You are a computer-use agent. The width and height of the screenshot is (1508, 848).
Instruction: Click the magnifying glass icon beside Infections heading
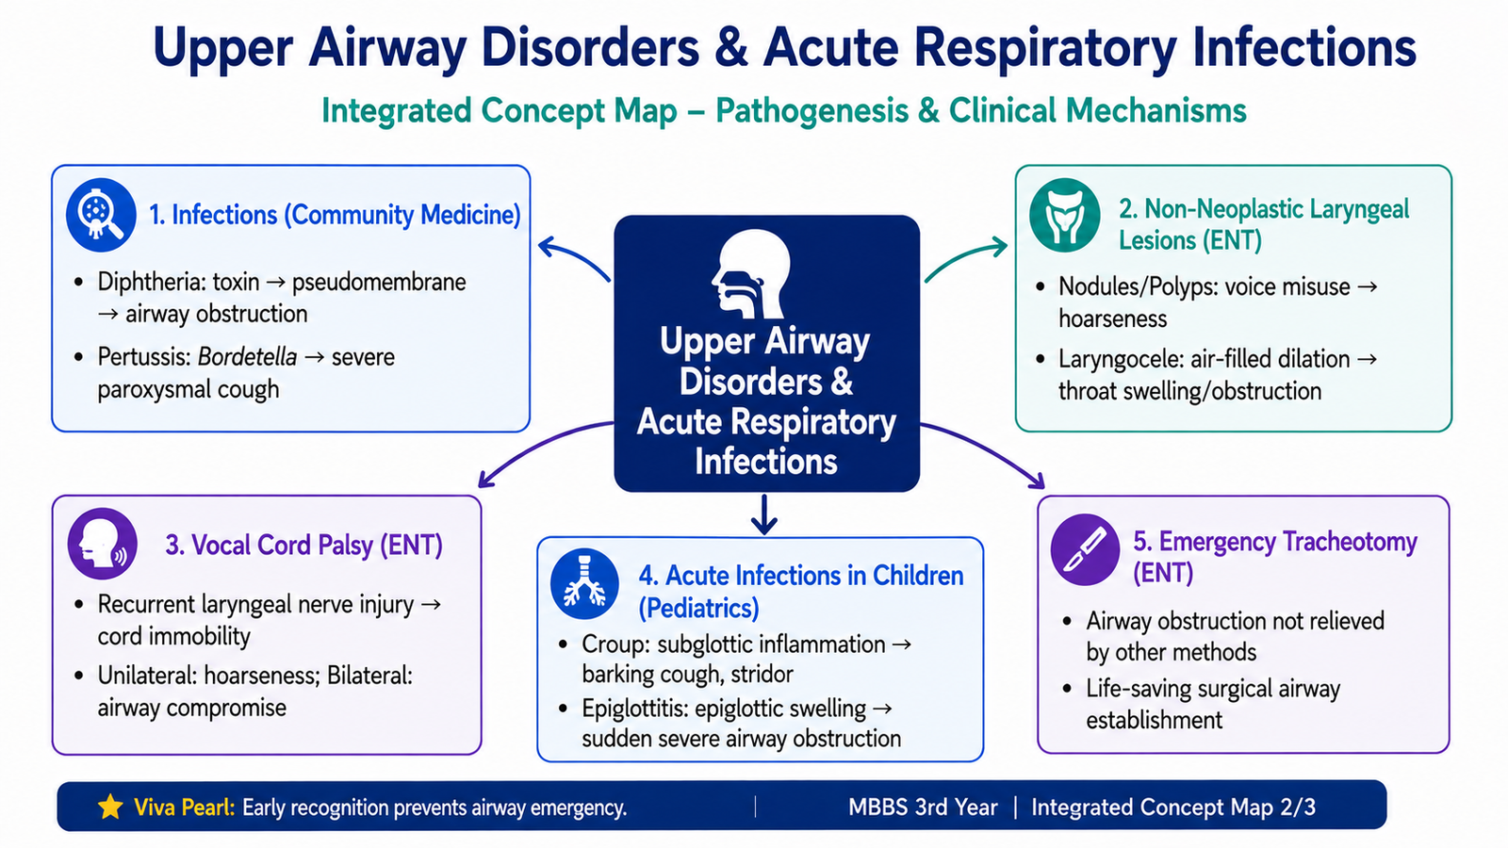(101, 215)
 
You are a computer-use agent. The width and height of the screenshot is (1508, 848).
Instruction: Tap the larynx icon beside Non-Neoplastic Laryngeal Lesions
(1065, 215)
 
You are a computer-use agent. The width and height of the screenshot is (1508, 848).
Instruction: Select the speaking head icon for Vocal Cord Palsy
(103, 544)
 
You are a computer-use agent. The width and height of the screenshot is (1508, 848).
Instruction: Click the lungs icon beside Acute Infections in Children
(584, 583)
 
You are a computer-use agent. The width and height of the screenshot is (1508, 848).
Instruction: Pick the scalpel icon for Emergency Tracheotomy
(1085, 549)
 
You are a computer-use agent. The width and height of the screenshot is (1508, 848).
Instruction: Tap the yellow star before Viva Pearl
(110, 807)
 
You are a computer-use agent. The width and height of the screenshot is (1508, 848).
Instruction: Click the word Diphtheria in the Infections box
(148, 282)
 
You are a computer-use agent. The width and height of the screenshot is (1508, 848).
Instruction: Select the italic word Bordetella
(247, 357)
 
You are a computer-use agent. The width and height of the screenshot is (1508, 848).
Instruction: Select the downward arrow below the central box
(764, 514)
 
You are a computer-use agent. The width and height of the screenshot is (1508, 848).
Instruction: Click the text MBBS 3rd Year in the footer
(923, 807)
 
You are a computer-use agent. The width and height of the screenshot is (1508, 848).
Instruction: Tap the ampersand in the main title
(729, 48)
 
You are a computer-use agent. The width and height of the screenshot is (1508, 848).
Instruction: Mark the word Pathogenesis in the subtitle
(811, 111)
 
